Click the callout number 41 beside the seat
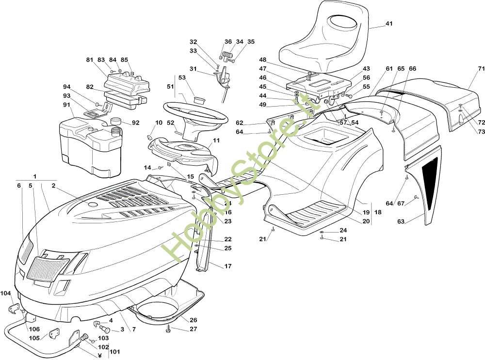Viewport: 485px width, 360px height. click(389, 23)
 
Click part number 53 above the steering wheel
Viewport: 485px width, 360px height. click(182, 77)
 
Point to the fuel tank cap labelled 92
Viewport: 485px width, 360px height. click(116, 121)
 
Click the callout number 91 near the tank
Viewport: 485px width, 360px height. click(66, 104)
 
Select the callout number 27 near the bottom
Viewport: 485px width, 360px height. click(193, 329)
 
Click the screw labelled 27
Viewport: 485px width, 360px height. click(168, 329)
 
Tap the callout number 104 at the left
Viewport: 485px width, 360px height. click(5, 293)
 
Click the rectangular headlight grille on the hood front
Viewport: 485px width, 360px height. click(47, 267)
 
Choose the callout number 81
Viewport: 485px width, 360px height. click(89, 60)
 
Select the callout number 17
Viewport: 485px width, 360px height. click(227, 266)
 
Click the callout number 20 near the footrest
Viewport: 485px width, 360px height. click(366, 221)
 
